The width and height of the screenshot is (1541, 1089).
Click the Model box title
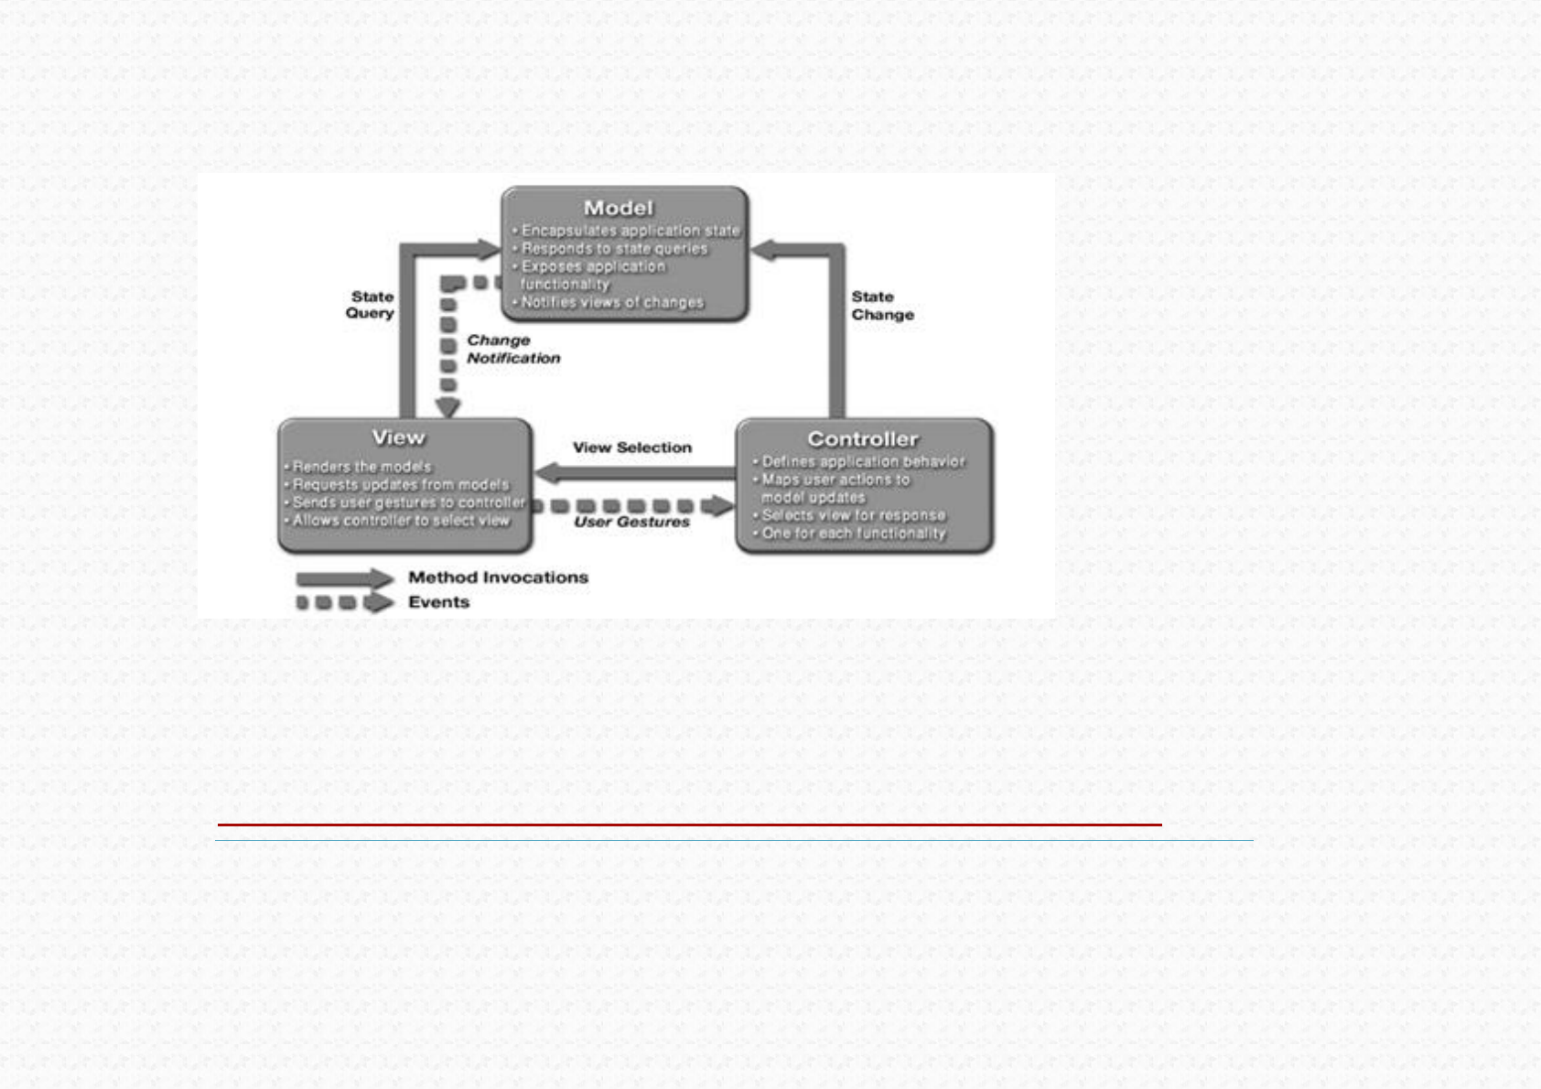click(619, 209)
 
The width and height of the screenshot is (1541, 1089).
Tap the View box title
click(398, 437)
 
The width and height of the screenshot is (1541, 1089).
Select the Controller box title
click(862, 439)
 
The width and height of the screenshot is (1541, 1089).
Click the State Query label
click(371, 305)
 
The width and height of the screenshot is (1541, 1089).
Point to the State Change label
click(882, 306)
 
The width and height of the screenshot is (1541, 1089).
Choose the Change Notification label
click(512, 349)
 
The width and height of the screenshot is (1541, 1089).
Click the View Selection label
click(631, 447)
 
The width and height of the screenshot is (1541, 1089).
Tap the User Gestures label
click(631, 522)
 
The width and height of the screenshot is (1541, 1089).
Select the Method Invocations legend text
click(498, 577)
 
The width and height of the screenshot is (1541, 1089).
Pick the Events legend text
click(438, 602)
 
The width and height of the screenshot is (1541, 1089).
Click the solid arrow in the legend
click(344, 578)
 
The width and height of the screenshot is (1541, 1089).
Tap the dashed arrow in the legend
click(344, 602)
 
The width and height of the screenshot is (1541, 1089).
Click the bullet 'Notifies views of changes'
click(611, 302)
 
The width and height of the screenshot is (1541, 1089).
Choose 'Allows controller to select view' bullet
click(400, 521)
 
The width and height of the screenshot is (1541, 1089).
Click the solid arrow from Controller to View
click(635, 473)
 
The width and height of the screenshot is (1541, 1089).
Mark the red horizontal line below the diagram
click(689, 825)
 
